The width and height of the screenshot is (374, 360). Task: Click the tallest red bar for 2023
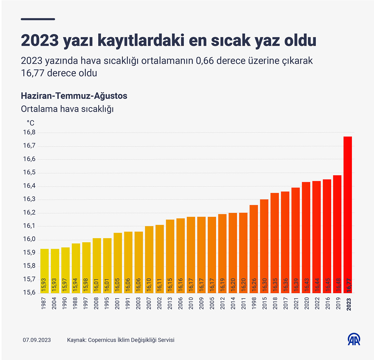[x=349, y=214]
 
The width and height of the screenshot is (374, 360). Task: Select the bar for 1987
[x=45, y=270]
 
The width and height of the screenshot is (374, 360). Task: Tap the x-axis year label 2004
[x=55, y=304]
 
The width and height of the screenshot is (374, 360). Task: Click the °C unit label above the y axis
[x=30, y=122]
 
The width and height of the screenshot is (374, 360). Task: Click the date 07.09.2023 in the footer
[x=37, y=340]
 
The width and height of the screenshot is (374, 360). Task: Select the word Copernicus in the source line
[x=102, y=340]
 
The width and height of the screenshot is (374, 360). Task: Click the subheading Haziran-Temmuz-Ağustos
[x=74, y=96]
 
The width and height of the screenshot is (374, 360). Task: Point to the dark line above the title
[x=38, y=19]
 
